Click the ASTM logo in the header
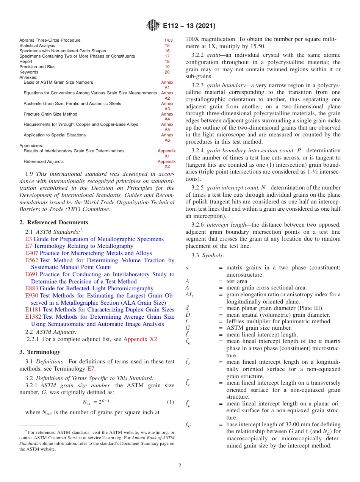(x=153, y=26)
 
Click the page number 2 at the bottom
(x=180, y=465)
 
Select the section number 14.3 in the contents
(x=168, y=40)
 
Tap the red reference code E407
(x=32, y=253)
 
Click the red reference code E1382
(x=33, y=317)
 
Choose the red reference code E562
(x=32, y=260)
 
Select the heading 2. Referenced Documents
(x=54, y=222)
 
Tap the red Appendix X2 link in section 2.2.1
(x=140, y=339)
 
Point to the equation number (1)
(x=171, y=402)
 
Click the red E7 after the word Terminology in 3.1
(x=91, y=369)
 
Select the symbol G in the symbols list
(x=188, y=328)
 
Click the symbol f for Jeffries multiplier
(x=187, y=321)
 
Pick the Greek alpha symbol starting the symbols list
(x=187, y=268)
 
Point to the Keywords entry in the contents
(x=29, y=72)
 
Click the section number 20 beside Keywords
(x=167, y=72)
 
